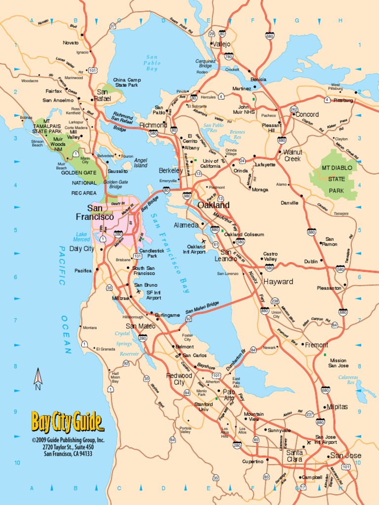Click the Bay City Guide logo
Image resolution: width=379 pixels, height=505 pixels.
(x=68, y=422)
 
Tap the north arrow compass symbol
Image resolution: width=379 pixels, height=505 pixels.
(x=38, y=378)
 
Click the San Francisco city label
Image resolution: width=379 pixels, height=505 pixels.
(x=95, y=213)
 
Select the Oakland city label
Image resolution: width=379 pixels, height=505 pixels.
(x=213, y=205)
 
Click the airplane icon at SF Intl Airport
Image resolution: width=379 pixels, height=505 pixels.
(x=138, y=291)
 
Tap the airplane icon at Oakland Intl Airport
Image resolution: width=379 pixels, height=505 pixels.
(x=203, y=241)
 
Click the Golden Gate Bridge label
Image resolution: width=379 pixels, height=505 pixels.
(x=116, y=184)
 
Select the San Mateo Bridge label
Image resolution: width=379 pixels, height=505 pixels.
(x=202, y=308)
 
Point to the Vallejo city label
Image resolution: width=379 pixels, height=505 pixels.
(x=222, y=44)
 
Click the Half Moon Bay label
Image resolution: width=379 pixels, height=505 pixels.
(x=115, y=377)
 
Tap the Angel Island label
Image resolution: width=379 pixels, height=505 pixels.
(x=141, y=163)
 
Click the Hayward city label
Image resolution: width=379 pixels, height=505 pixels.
(x=278, y=282)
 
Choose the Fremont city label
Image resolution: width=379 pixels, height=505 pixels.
(x=316, y=345)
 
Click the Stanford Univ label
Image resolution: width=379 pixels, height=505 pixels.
(x=203, y=406)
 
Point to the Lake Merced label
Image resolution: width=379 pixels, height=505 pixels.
(x=82, y=237)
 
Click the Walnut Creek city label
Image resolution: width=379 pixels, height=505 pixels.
(x=292, y=155)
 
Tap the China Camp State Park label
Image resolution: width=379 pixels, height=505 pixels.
(x=127, y=82)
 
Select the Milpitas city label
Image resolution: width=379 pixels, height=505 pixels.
(x=337, y=407)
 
